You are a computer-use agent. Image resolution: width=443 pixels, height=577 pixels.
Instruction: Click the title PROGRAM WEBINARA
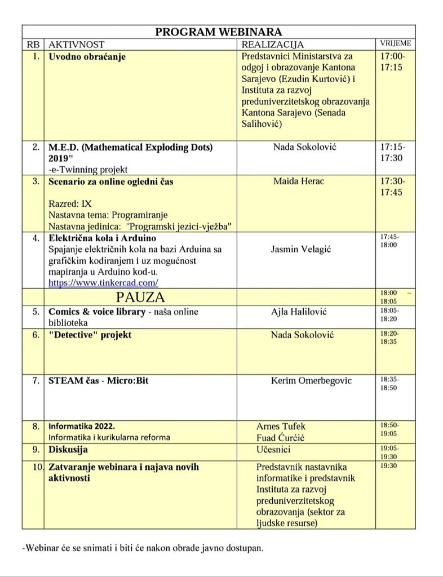[x=219, y=32]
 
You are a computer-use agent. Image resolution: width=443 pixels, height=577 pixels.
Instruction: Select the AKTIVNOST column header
[x=77, y=45]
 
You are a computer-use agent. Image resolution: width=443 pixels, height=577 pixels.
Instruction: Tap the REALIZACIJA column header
[x=272, y=45]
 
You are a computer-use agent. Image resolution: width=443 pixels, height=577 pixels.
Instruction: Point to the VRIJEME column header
[x=396, y=43]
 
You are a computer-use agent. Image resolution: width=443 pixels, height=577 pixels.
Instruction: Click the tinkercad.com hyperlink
[x=103, y=282]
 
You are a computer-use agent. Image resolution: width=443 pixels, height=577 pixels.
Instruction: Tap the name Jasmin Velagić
[x=300, y=248]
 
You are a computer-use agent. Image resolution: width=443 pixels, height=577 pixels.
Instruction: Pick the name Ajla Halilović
[x=299, y=312]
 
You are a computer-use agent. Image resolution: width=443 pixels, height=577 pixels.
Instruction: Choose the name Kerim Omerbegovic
[x=311, y=380]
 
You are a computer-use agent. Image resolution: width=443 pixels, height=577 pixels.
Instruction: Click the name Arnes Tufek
[x=281, y=426]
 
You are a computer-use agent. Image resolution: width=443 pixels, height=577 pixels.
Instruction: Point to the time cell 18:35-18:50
[x=388, y=384]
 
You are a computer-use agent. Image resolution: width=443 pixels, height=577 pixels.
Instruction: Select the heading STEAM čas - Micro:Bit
[x=99, y=380]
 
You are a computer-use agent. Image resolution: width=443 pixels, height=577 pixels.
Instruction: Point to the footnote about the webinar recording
[x=143, y=547]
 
